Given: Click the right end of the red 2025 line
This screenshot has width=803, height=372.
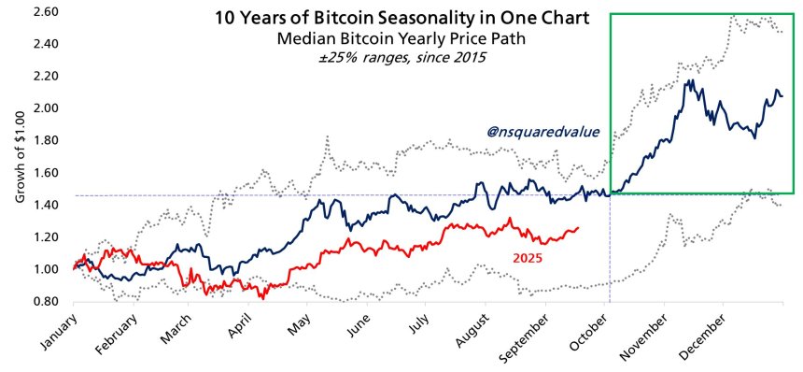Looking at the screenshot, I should coord(578,227).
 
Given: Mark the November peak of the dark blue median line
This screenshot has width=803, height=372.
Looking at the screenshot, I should coord(688,81).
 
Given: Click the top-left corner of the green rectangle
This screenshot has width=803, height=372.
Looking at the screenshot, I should coord(611,14).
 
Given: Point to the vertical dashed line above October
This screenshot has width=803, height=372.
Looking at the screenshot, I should coord(610,252).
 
